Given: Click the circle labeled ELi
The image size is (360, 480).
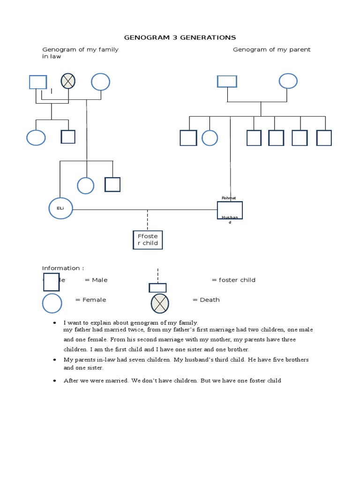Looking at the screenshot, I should pos(61,209).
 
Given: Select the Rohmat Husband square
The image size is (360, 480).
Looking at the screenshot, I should pos(230,210).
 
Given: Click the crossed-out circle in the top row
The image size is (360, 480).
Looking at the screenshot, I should pos(68,82).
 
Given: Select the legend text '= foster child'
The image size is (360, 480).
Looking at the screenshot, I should pos(233,280).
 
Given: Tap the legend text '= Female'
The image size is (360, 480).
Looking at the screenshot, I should pos(90,300).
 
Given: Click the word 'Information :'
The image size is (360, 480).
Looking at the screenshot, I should pos(63,268).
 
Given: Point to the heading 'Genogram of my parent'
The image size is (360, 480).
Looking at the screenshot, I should pos(272,50).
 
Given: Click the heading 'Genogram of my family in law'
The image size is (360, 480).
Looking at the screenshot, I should pos(80,52).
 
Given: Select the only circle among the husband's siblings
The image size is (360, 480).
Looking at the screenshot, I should pos(210,138).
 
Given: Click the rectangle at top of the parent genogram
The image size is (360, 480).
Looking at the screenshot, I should pos(227,82).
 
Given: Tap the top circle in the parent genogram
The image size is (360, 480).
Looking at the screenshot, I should pos(288,81).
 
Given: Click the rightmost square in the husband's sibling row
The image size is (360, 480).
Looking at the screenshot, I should pos(324,138).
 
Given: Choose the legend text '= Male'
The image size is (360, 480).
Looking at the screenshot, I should pos(96,280).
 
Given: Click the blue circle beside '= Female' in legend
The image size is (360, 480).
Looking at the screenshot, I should pos(52,303).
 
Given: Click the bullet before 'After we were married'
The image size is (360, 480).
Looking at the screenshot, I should pos(55,381).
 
